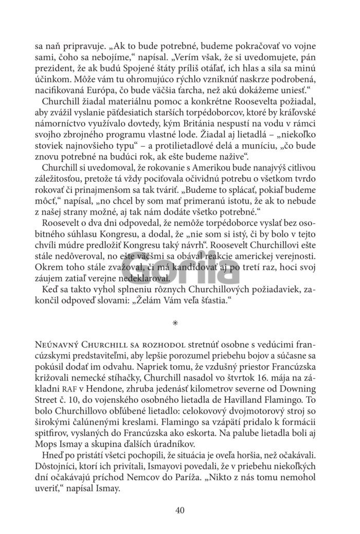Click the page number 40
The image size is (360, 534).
click(179, 510)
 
